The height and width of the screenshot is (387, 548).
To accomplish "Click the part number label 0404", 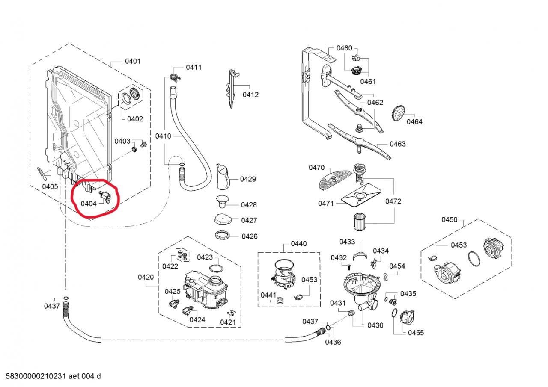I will click(x=89, y=204).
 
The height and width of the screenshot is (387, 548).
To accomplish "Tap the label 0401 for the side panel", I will click(x=133, y=62).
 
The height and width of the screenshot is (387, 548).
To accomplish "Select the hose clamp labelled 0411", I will click(x=173, y=77).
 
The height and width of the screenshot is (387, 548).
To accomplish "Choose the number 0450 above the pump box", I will click(x=450, y=220).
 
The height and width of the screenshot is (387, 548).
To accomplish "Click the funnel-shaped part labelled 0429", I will click(x=223, y=177).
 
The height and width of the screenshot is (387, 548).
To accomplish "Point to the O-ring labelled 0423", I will click(x=216, y=269).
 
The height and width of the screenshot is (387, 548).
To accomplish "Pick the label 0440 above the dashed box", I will click(x=298, y=244).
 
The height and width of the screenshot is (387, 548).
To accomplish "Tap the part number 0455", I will click(x=416, y=333).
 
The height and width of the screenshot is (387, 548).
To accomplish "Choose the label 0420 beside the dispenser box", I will click(x=146, y=277).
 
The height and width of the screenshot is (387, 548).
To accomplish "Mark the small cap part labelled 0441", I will click(x=281, y=299).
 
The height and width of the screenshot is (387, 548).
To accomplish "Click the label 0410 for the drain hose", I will click(x=163, y=136).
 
